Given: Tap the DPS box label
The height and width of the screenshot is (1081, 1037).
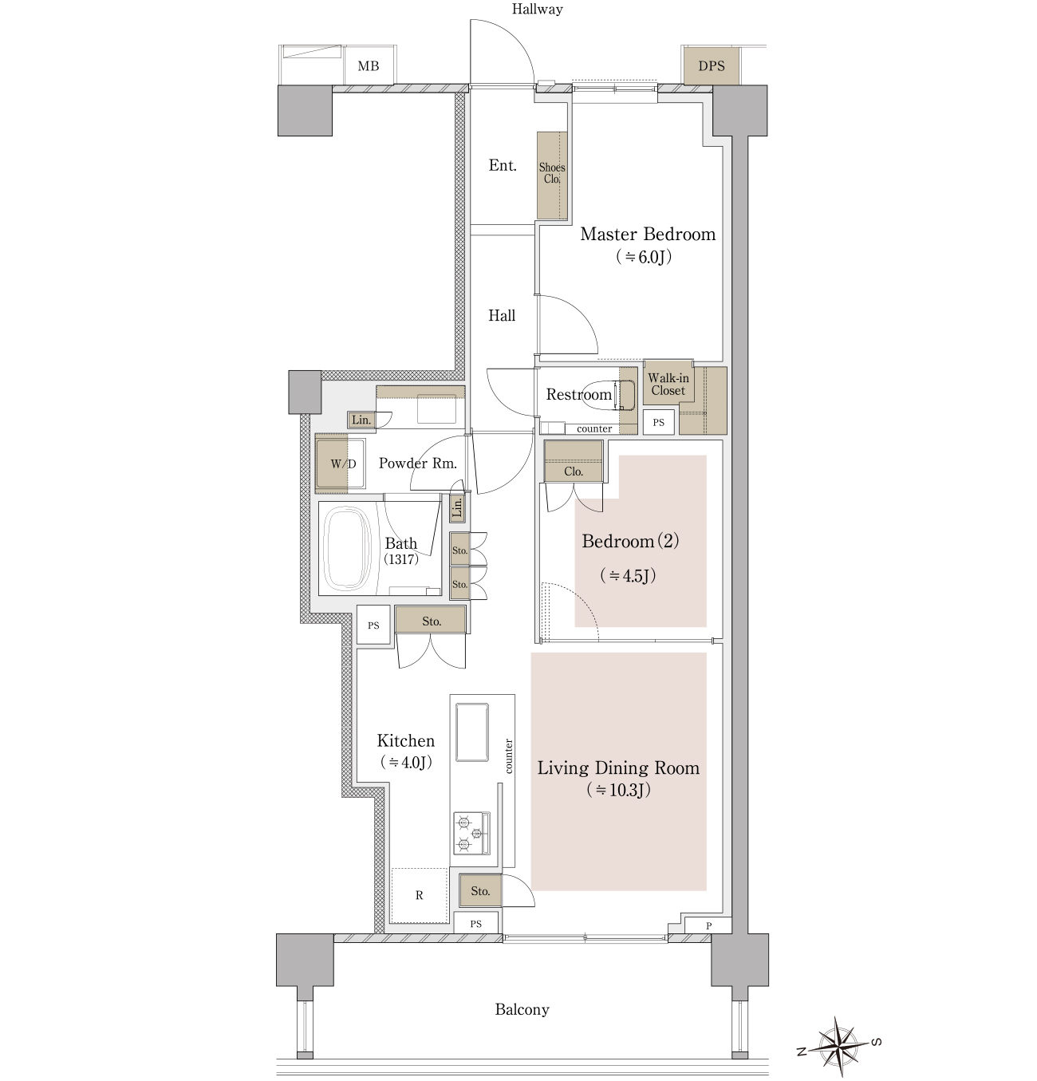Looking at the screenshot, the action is tap(712, 66).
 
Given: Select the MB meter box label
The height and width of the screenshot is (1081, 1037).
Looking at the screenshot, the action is tap(369, 67).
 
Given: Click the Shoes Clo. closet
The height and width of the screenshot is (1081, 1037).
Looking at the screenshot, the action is tap(552, 175).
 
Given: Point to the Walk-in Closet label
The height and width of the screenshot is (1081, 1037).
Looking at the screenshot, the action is tap(668, 384).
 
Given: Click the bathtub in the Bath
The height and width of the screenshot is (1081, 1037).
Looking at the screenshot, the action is tap(349, 548).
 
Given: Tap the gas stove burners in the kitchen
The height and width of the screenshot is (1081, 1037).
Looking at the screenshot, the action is tap(471, 833).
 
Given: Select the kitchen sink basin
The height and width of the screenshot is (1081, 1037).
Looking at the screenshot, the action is tap(472, 732).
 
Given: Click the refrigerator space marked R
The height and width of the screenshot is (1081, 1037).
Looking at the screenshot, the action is tap(420, 895).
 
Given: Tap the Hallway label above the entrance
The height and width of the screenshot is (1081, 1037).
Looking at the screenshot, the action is tap(537, 10).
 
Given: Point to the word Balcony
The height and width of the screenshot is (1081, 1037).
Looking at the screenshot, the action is tap(522, 1009).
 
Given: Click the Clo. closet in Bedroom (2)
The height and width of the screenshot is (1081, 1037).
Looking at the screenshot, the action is tap(574, 461).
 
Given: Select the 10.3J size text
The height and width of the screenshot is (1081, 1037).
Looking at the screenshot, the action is tap(618, 790).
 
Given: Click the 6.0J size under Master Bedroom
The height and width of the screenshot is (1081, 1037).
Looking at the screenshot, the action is tap(644, 257).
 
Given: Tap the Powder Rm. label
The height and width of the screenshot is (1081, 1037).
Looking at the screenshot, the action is tap(418, 464).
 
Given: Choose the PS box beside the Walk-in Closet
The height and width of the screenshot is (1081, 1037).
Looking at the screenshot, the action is tap(659, 422).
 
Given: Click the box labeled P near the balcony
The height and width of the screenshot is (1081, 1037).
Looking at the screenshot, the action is tap(708, 926).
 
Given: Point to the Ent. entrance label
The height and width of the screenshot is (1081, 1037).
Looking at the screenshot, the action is tap(503, 165).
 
